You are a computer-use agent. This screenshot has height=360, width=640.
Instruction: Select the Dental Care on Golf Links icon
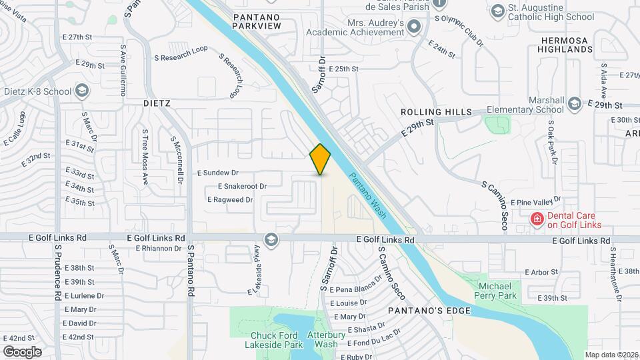click(536, 219)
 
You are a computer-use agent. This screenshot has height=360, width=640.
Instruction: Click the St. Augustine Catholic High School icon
click(498, 11)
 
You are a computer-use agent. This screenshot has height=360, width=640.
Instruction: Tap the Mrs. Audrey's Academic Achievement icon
click(415, 27)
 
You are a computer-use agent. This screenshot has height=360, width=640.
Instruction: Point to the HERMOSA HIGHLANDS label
click(565, 45)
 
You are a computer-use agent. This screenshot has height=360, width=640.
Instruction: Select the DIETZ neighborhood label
click(157, 104)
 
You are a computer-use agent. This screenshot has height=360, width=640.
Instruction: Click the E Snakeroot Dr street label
click(242, 187)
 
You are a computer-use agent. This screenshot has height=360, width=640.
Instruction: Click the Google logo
click(22, 351)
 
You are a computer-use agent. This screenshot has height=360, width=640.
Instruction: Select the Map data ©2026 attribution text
click(611, 355)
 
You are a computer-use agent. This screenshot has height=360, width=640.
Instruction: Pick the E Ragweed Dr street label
click(230, 199)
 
